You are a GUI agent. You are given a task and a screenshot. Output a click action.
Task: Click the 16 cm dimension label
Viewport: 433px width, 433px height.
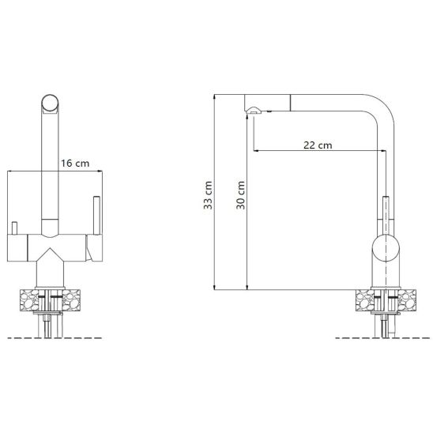[75, 164]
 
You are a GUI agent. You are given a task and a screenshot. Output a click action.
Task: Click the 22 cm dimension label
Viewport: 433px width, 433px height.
[318, 145]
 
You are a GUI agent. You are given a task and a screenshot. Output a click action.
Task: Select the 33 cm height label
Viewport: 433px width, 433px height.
[209, 195]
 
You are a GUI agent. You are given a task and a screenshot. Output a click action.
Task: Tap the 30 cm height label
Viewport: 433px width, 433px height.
[240, 195]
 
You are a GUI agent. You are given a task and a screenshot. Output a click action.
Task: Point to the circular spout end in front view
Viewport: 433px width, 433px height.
[50, 103]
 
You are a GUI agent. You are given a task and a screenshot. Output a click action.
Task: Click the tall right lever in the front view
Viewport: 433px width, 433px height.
[96, 216]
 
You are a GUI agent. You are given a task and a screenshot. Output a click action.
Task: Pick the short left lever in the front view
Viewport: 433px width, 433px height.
[14, 228]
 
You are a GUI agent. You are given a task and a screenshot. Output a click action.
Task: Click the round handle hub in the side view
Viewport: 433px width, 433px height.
[386, 247]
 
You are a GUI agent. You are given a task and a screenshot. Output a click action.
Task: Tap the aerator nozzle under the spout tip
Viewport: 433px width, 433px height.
[254, 111]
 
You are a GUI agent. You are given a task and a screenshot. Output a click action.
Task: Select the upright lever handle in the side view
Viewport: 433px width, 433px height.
[386, 216]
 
